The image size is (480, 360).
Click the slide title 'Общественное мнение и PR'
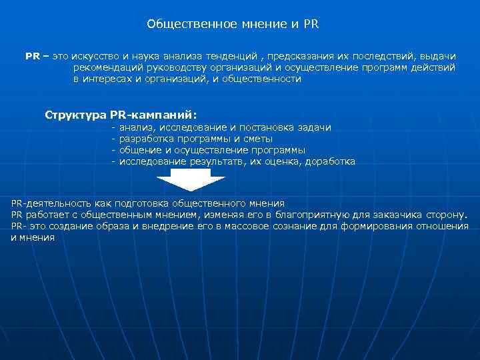coord(233,25)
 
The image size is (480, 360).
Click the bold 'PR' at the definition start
coord(32,56)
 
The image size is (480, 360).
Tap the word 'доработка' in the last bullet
coord(329,161)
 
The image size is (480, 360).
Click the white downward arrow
coord(183,182)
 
